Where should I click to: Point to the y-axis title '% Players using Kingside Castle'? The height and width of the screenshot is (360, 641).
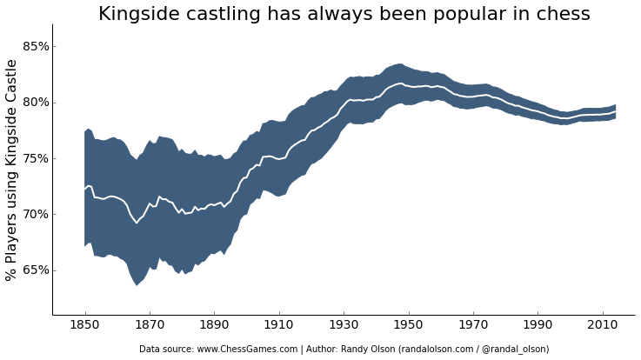[12, 170]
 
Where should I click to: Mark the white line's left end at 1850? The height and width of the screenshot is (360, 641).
[85, 188]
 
